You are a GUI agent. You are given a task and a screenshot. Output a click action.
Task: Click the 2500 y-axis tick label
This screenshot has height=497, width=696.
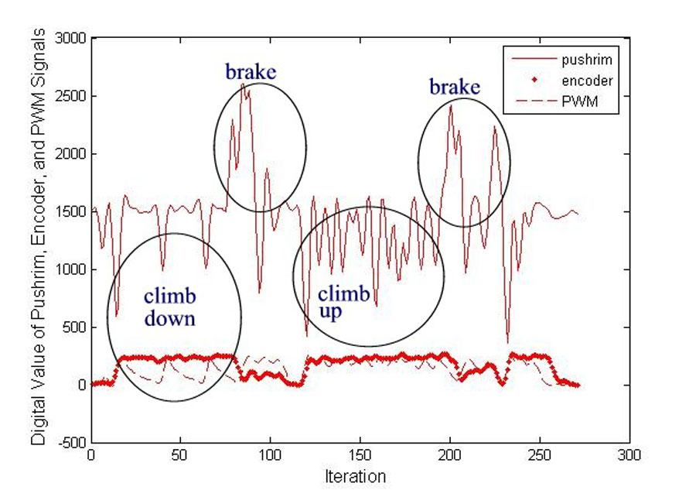(70, 97)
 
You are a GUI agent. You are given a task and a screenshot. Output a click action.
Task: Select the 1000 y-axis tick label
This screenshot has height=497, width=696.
(70, 269)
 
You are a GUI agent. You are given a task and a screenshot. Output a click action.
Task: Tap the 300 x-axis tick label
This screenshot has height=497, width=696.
(629, 456)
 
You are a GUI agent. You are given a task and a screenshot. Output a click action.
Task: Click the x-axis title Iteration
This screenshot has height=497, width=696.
(360, 475)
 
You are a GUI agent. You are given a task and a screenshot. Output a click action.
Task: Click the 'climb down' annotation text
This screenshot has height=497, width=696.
(169, 307)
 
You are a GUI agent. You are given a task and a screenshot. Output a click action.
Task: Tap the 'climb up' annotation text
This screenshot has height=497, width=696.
(339, 302)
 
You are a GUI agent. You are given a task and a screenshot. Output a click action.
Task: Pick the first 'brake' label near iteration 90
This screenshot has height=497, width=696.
(251, 73)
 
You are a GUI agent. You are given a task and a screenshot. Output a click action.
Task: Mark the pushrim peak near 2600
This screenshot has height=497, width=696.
(243, 84)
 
